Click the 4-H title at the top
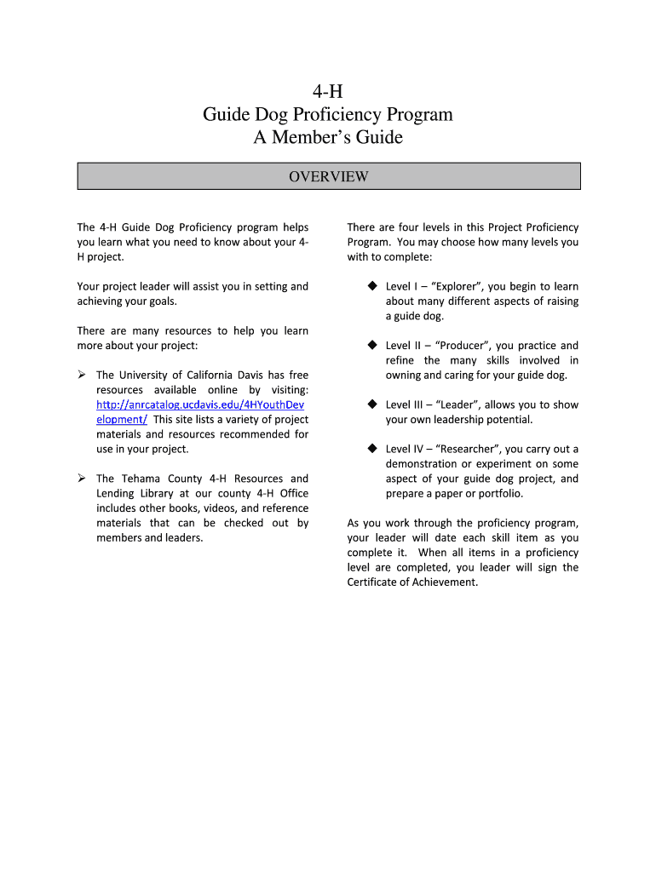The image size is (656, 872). tap(328, 91)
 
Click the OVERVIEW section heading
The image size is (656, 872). tap(328, 176)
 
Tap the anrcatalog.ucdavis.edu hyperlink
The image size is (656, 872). tap(200, 404)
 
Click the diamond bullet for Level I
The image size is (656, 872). tap(372, 286)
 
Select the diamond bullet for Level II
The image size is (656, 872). tap(372, 345)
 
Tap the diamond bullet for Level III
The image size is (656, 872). tap(372, 404)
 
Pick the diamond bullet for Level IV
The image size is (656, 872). tap(372, 449)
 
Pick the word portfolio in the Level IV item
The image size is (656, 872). tap(498, 494)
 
